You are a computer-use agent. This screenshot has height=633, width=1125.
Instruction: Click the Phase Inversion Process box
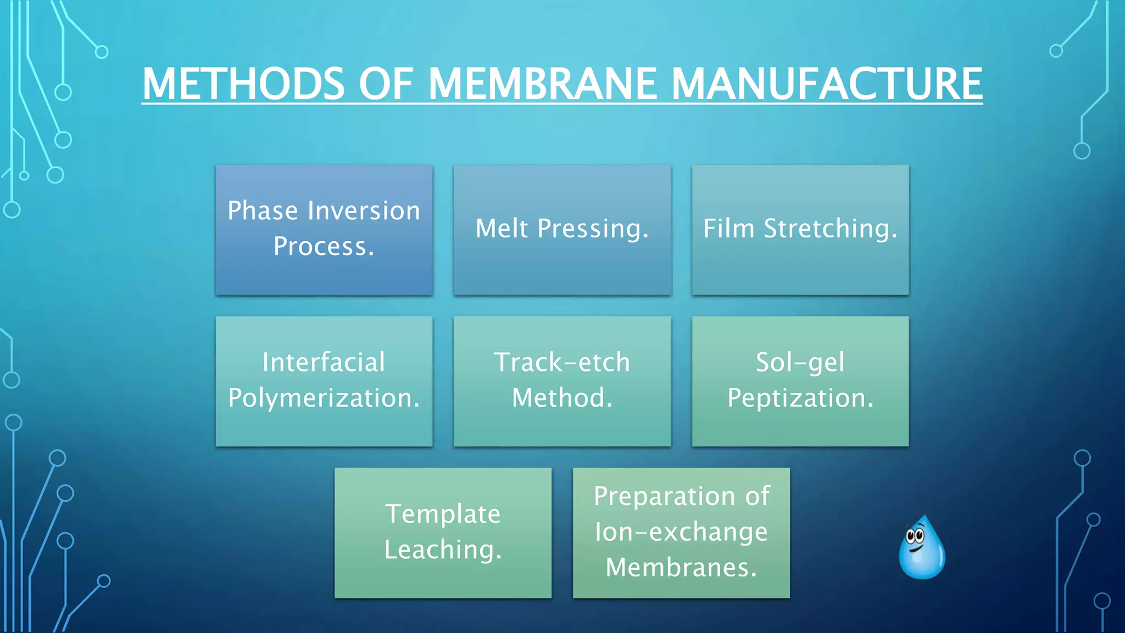tap(324, 230)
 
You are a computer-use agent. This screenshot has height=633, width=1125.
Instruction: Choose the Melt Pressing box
tap(562, 230)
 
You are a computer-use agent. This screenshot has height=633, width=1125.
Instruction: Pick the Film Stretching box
tap(800, 230)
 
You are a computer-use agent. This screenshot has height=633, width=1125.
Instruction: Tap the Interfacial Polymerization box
tap(324, 381)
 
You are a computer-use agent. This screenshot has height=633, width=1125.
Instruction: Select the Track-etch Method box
tap(562, 381)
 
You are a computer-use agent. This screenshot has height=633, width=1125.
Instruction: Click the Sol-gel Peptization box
tap(800, 381)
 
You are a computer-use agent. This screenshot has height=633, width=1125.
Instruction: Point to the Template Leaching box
tap(443, 533)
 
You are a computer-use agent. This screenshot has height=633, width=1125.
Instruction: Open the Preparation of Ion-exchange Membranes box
tap(681, 533)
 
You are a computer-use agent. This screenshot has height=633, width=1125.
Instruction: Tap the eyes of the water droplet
tap(915, 535)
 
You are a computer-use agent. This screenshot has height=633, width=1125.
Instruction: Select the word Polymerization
tap(324, 398)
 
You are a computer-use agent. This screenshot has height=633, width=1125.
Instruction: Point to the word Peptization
tap(800, 398)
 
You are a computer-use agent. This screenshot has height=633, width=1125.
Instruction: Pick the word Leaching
tap(443, 550)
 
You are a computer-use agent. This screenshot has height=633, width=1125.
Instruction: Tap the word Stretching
tap(831, 229)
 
